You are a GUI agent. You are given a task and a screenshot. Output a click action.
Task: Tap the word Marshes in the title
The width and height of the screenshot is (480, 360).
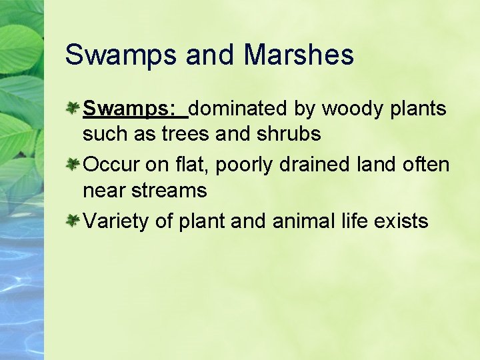tap(299, 55)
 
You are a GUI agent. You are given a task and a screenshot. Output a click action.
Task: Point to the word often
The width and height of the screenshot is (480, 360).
tap(426, 164)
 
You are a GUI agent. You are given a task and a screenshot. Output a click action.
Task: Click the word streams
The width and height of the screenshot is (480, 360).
tap(169, 191)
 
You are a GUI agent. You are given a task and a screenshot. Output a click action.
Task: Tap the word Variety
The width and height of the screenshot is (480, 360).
tap(115, 221)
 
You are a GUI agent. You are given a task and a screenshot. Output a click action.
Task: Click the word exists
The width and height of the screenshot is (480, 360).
tap(402, 221)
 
